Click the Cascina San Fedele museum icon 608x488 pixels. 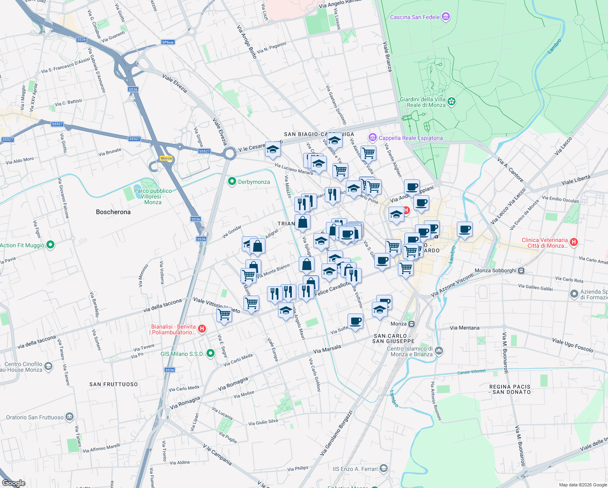[446, 17]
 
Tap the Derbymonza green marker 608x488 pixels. [232, 181]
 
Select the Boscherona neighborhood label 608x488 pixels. [113, 212]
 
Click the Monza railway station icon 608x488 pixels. [411, 324]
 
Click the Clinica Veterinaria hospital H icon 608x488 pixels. [573, 242]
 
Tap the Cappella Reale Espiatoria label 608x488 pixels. [410, 138]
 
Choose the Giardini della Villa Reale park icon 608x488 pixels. [452, 101]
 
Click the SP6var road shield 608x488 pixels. [168, 42]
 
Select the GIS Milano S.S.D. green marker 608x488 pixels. [210, 353]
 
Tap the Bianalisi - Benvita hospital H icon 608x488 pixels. [202, 329]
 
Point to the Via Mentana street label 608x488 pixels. [465, 328]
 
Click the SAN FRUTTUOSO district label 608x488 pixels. [113, 384]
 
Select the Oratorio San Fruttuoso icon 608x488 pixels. [69, 417]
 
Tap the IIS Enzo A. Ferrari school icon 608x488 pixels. [383, 468]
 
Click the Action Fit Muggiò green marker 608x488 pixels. [50, 245]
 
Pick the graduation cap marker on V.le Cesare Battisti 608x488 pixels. [273, 150]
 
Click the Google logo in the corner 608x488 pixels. [13, 483]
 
